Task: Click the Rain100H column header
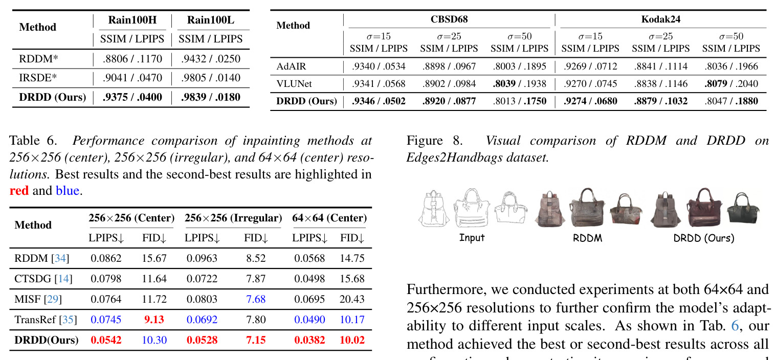tap(132, 20)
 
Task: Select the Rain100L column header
tap(211, 20)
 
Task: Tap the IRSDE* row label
tap(38, 78)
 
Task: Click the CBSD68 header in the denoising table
tap(449, 19)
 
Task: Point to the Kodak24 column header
tap(660, 19)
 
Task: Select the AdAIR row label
tap(292, 66)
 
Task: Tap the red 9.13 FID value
tap(154, 320)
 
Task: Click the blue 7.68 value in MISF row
tap(256, 299)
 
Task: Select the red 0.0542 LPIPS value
tap(106, 340)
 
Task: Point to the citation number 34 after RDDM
tap(60, 258)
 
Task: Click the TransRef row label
tap(35, 320)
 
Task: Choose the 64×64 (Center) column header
tap(329, 218)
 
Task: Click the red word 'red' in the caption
tap(19, 191)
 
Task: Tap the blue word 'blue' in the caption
tap(68, 191)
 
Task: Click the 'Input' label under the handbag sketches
tap(472, 238)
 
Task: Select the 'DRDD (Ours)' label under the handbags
tap(703, 238)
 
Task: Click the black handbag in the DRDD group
tap(743, 208)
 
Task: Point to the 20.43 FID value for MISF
tap(352, 299)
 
